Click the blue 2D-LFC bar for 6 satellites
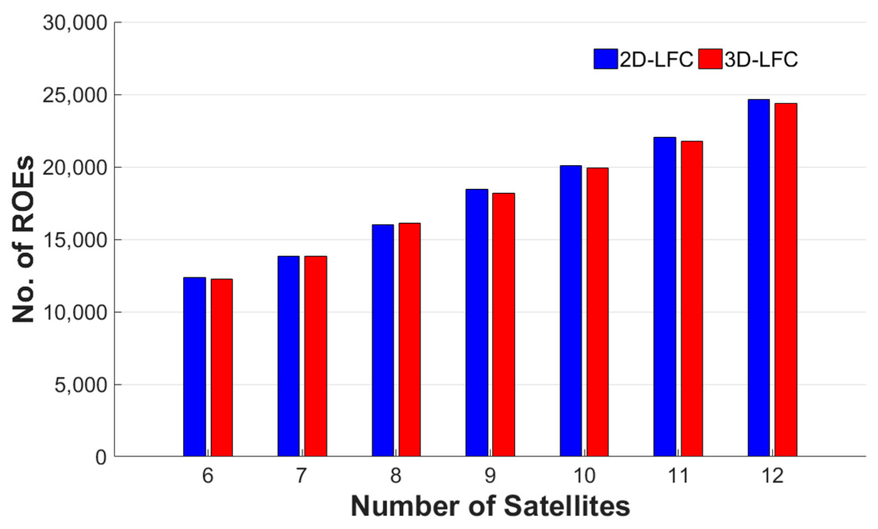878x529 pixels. point(194,367)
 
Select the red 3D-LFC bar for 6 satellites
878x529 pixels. point(221,368)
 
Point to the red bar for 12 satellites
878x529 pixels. point(786,280)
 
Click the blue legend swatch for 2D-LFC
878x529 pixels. point(606,59)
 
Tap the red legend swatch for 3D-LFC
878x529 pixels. point(710,59)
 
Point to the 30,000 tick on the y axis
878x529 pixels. point(75,23)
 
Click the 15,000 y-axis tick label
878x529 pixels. point(75,240)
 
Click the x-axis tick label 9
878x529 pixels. point(490,476)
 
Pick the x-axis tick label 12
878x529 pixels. point(772,476)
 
